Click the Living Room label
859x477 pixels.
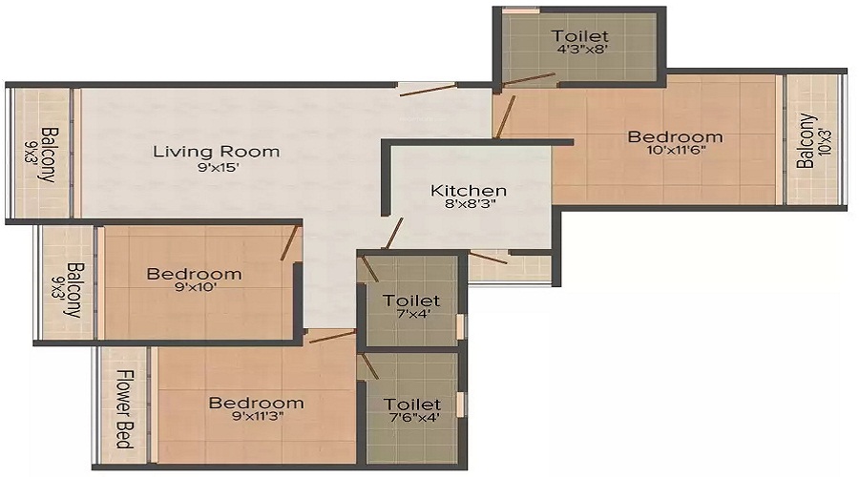click(216, 151)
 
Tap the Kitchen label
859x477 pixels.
click(469, 191)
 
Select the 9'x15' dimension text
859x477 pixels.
click(219, 168)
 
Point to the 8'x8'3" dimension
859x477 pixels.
click(470, 205)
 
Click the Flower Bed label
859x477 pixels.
click(126, 409)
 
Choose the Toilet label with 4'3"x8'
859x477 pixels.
click(580, 36)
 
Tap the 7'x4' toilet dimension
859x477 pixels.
click(413, 315)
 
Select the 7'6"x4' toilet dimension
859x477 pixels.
click(412, 418)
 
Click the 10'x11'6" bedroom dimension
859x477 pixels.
click(676, 150)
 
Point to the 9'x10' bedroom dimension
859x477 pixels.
click(195, 287)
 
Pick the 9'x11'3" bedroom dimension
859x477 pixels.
click(258, 416)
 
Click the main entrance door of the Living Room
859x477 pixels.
click(428, 90)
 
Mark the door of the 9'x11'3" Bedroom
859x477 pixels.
click(332, 336)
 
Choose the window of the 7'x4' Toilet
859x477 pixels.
click(461, 325)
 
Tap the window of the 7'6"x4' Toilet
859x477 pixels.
click(461, 404)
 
